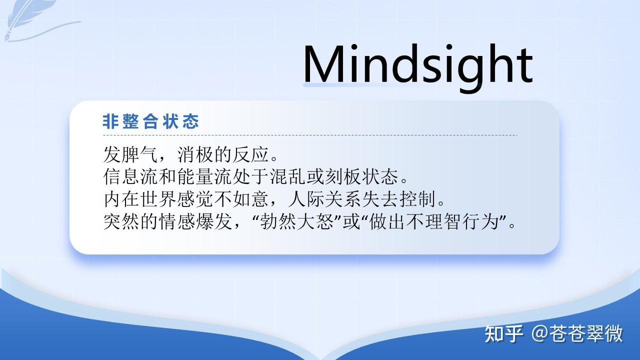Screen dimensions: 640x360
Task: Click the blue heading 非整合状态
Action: (150, 121)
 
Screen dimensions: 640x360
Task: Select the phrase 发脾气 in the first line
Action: (130, 154)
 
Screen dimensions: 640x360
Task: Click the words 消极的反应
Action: (223, 154)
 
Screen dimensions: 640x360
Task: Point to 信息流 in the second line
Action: (130, 176)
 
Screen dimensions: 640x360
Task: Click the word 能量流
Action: (204, 176)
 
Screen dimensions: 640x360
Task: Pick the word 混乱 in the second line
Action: (288, 176)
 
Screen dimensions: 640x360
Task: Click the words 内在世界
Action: (139, 199)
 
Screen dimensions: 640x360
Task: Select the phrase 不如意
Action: (241, 199)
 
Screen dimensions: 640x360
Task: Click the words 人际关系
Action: (324, 199)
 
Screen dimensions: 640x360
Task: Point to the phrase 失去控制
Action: (398, 199)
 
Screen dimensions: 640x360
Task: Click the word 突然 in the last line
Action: (121, 221)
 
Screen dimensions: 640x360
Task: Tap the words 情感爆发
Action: (195, 221)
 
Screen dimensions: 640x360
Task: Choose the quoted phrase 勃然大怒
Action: (297, 221)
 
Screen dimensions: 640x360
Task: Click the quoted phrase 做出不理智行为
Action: (433, 221)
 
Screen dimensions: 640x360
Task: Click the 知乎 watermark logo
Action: (504, 333)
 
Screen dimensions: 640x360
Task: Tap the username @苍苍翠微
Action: (577, 333)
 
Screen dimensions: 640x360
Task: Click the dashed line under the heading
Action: (310, 135)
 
